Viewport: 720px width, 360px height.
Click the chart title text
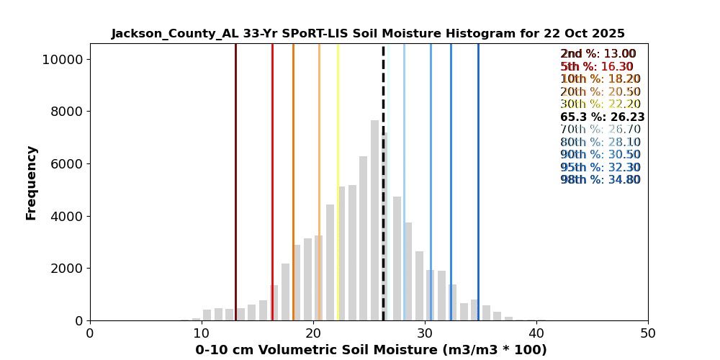pyautogui.click(x=368, y=34)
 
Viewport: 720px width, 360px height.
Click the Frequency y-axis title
pyautogui.click(x=32, y=182)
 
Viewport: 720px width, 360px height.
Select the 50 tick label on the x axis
pyautogui.click(x=647, y=333)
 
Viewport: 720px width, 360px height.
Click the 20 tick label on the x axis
pyautogui.click(x=313, y=333)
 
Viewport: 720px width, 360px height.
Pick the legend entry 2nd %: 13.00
pyautogui.click(x=598, y=54)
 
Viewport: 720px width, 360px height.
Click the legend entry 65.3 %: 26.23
pyautogui.click(x=602, y=117)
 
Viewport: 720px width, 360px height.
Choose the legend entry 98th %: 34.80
pyautogui.click(x=600, y=180)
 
